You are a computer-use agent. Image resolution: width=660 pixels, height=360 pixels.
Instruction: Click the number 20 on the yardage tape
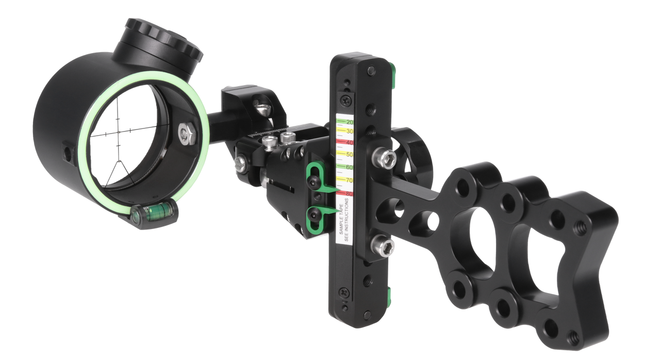(350, 122)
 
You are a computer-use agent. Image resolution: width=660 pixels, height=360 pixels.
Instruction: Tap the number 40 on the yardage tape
(350, 143)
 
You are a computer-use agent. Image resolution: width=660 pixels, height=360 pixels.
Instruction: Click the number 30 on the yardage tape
(350, 132)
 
